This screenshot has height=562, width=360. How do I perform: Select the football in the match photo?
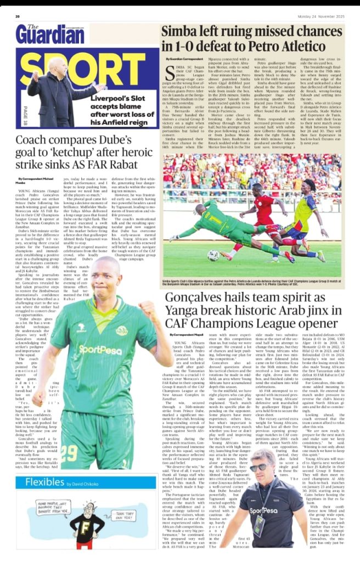[x=212, y=255]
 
